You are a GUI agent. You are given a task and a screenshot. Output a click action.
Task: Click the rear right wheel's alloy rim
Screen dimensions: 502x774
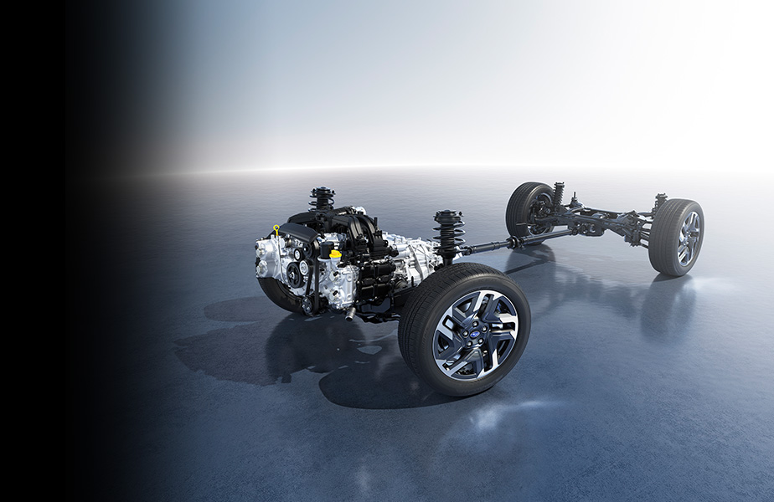tap(688, 238)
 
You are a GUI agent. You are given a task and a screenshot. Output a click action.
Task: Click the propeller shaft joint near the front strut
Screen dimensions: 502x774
tap(471, 248)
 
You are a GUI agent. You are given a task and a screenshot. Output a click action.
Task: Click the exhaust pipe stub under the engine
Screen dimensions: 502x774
tap(350, 313)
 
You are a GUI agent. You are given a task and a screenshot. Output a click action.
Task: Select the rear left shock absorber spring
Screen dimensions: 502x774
tap(558, 195)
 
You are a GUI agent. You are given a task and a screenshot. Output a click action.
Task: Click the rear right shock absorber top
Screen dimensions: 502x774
tap(660, 199)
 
